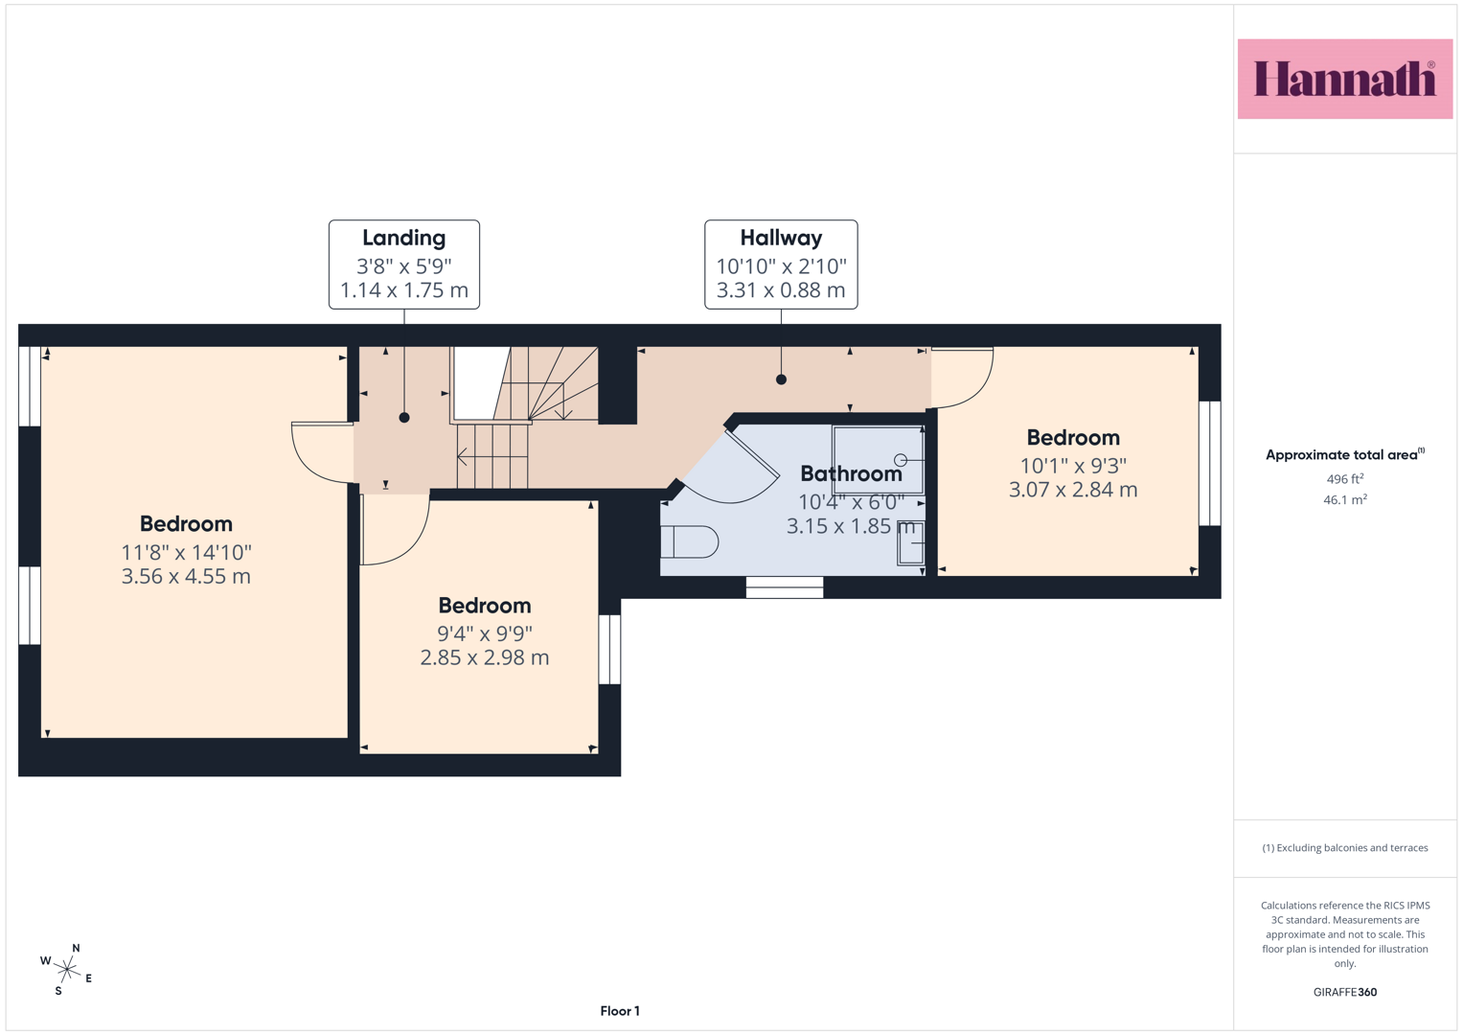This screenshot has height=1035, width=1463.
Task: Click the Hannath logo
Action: pyautogui.click(x=1345, y=79)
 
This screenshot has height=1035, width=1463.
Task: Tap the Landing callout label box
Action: pyautogui.click(x=404, y=264)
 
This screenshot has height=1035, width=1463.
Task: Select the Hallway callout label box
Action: pyautogui.click(x=781, y=264)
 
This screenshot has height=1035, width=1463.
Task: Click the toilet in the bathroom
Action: pyautogui.click(x=689, y=541)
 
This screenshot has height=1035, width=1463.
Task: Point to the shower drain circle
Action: pyautogui.click(x=901, y=459)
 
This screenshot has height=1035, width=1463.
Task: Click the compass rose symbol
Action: pyautogui.click(x=67, y=970)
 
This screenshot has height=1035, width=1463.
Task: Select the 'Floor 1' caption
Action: pyautogui.click(x=620, y=1011)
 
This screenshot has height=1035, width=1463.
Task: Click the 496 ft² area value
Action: pyautogui.click(x=1345, y=478)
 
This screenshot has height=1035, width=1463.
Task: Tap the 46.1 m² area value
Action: pyautogui.click(x=1345, y=499)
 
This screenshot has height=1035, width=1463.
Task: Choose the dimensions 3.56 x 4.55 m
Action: pyautogui.click(x=186, y=576)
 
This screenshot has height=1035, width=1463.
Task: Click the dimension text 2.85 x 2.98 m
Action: pyautogui.click(x=485, y=657)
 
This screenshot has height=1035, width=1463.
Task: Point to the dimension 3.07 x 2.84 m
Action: pyautogui.click(x=1073, y=490)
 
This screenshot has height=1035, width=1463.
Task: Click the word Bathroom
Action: pyautogui.click(x=851, y=473)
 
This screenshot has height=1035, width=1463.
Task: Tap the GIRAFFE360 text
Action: pyautogui.click(x=1345, y=992)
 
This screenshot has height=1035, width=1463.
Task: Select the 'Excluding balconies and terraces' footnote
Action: pyautogui.click(x=1345, y=847)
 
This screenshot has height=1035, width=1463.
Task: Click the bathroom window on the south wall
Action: pyautogui.click(x=785, y=587)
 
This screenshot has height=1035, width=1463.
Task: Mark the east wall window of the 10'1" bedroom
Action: pyautogui.click(x=1210, y=463)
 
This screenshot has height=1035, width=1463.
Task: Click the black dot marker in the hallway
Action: pyautogui.click(x=781, y=379)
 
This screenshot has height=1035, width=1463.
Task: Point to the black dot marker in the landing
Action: pyautogui.click(x=404, y=418)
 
